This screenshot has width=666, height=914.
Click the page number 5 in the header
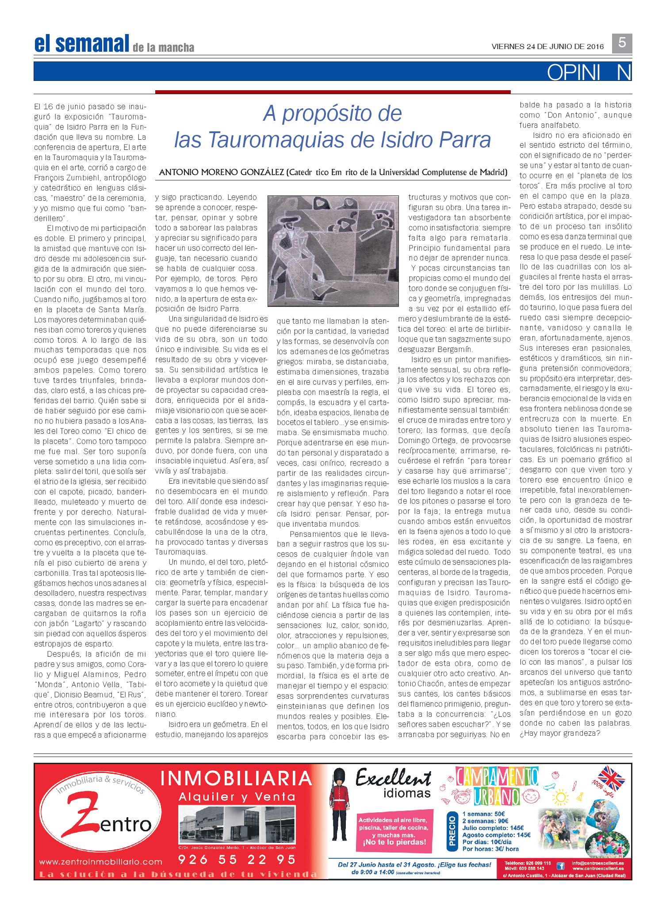tap(622, 43)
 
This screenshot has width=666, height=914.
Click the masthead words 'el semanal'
tap(81, 43)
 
